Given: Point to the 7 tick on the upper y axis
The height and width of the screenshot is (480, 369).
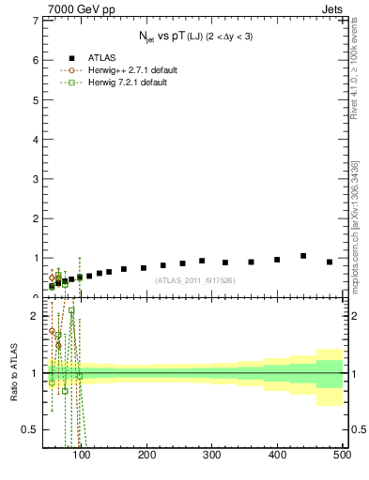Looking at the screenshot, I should [x=35, y=20].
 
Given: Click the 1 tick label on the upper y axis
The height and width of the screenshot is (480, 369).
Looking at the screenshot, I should [x=35, y=258].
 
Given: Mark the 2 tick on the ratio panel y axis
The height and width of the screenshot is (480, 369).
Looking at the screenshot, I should [x=35, y=316].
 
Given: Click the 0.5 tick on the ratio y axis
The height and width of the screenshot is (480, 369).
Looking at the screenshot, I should [x=31, y=429].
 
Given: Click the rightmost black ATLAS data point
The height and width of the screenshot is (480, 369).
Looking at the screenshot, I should [x=330, y=262].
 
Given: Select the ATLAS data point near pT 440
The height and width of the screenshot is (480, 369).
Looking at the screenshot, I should [x=303, y=255].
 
